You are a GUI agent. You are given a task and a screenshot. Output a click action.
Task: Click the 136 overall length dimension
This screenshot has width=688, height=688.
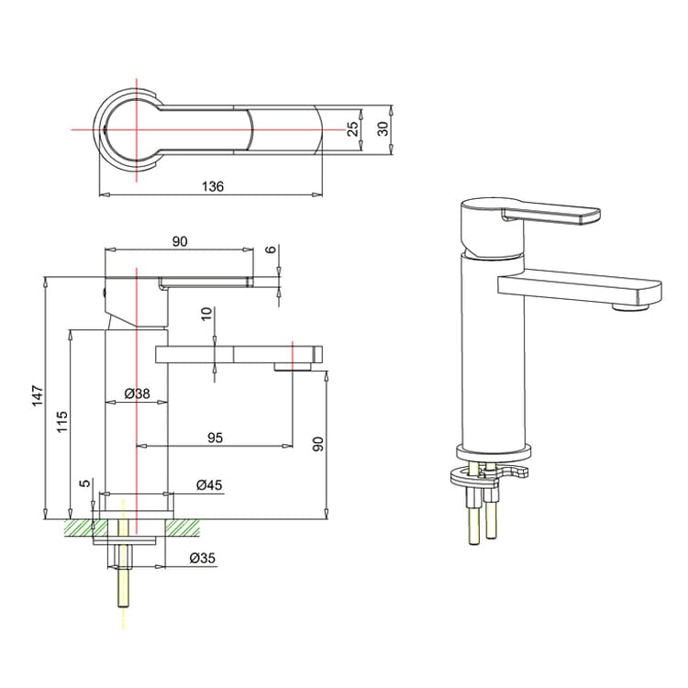pyautogui.click(x=213, y=186)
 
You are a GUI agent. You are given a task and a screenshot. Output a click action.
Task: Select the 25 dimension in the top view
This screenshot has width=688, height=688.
pyautogui.click(x=353, y=129)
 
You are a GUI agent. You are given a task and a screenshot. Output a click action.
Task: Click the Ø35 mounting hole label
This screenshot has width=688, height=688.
pyautogui.click(x=203, y=557)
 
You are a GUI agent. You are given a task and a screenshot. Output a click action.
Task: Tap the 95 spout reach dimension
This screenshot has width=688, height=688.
pyautogui.click(x=215, y=438)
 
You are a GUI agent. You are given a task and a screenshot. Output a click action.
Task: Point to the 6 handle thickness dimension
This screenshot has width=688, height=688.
pyautogui.click(x=271, y=250)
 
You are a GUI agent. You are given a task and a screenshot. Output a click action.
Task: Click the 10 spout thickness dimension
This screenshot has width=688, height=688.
pyautogui.click(x=207, y=313)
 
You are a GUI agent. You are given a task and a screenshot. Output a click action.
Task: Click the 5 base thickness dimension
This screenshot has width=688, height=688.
pyautogui.click(x=84, y=483)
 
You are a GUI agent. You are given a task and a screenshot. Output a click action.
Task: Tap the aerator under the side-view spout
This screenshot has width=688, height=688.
pyautogui.click(x=293, y=368)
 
